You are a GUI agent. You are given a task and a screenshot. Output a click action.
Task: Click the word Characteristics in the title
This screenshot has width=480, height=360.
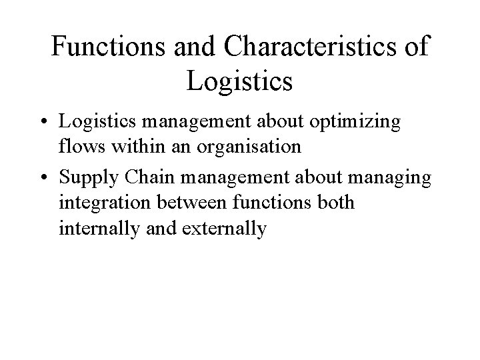click(x=318, y=49)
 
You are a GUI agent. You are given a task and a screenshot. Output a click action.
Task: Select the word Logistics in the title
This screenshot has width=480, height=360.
click(x=240, y=81)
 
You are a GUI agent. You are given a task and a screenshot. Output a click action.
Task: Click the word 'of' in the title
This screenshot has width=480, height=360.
click(x=417, y=49)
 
